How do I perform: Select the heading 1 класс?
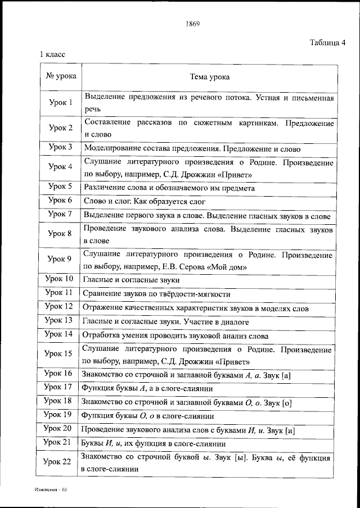point(52,55)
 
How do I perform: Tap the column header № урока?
point(61,76)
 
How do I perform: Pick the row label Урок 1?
point(61,103)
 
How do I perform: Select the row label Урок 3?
point(61,148)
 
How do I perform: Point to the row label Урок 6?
point(61,201)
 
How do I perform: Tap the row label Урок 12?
point(60,307)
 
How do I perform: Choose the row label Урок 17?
point(59,387)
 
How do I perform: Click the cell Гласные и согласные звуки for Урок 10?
point(131,280)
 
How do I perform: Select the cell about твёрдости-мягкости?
point(156,293)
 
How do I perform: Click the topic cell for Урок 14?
point(175,336)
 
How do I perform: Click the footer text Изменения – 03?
point(50,490)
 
